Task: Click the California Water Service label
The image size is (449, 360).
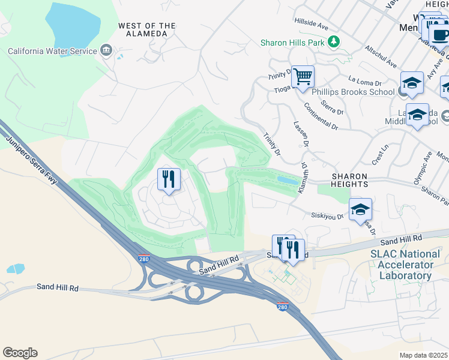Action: click(x=52, y=51)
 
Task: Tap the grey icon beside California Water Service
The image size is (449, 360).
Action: click(x=107, y=49)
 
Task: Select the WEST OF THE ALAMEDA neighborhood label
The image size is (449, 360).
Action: click(x=147, y=29)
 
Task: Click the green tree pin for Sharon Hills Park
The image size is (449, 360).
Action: click(x=333, y=42)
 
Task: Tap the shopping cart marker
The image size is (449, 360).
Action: click(x=303, y=77)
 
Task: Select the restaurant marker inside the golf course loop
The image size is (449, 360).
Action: click(x=169, y=179)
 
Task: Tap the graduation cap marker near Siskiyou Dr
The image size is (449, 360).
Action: click(x=360, y=209)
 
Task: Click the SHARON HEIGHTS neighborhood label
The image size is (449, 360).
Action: click(x=357, y=177)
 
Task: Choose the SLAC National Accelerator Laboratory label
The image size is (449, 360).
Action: click(x=405, y=265)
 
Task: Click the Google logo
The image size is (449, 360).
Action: click(x=20, y=352)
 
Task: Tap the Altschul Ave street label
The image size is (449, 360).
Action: click(x=381, y=57)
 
